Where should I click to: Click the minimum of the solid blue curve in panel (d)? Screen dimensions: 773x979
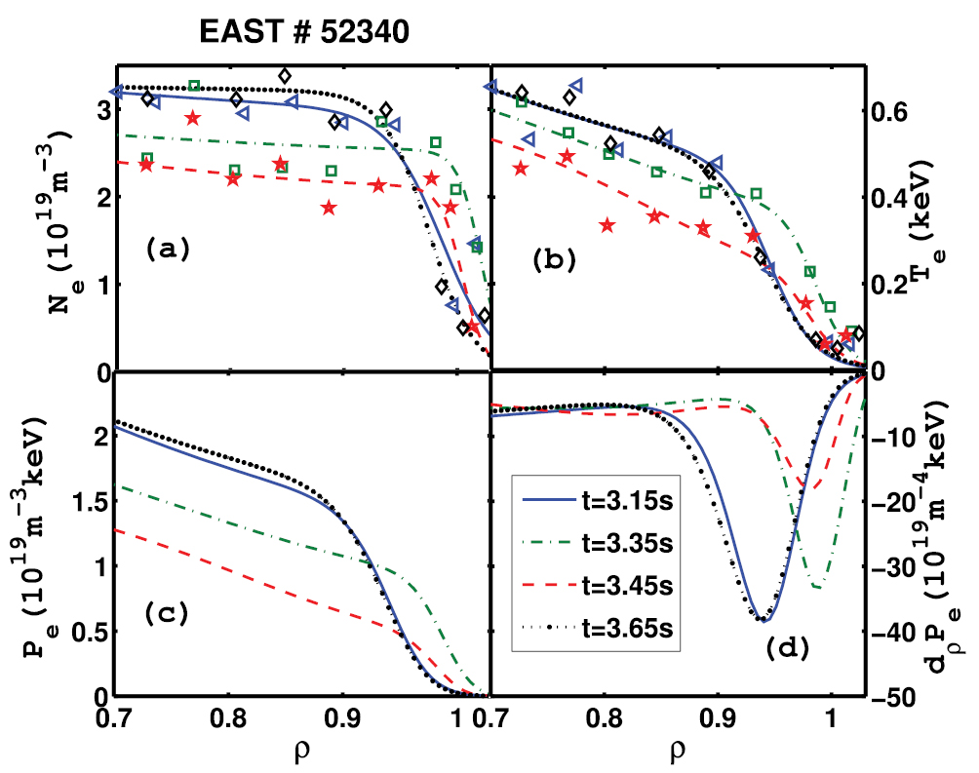coord(765,621)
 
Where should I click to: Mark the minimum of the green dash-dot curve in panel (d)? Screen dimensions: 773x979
coord(817,588)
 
